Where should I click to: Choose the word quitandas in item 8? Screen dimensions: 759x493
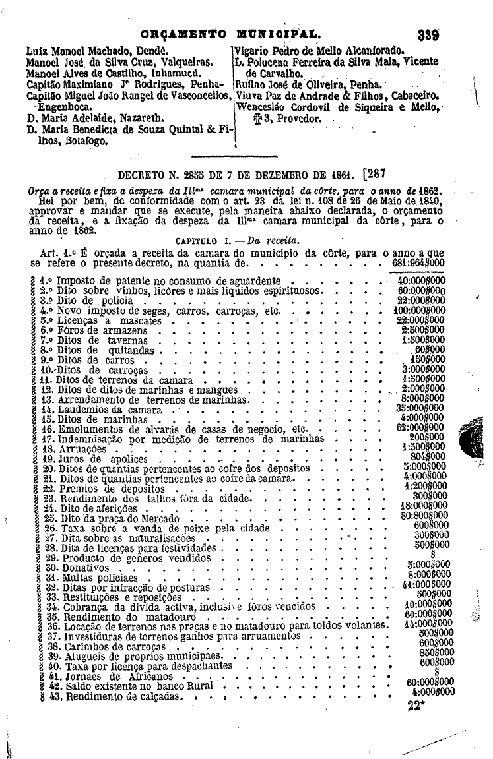coord(131,351)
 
